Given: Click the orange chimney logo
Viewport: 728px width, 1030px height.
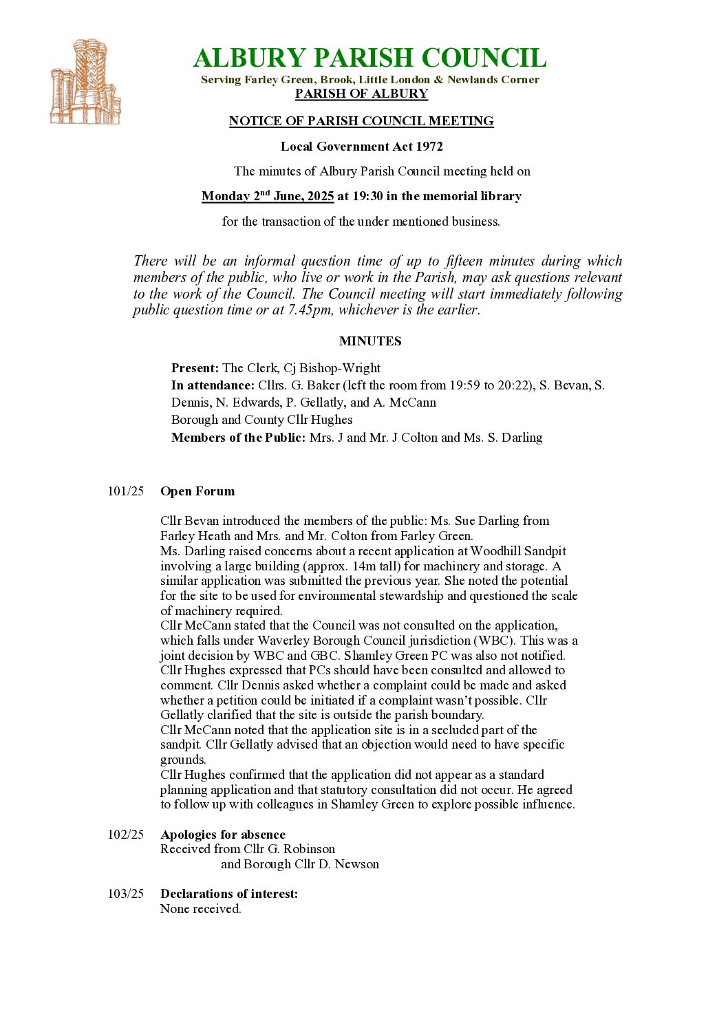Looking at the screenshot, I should (x=85, y=83).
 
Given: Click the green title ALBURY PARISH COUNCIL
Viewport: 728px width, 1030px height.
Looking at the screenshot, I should (x=370, y=58).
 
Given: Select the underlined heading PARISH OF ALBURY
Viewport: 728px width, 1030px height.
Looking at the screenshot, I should (x=361, y=94).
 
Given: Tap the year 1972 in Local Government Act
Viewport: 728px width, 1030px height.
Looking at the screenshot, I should (x=429, y=147).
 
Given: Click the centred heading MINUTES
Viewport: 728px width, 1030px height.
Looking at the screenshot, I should (x=370, y=341).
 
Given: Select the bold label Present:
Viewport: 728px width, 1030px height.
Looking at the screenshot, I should (x=195, y=368).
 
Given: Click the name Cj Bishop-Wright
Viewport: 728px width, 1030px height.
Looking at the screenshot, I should (x=332, y=368).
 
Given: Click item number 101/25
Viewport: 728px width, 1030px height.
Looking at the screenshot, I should (x=126, y=491).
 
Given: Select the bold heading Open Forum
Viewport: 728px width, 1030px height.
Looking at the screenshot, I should (x=197, y=491).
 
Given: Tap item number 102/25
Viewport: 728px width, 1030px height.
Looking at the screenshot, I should (x=126, y=835).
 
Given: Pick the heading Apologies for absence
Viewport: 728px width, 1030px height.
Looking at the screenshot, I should (x=223, y=835).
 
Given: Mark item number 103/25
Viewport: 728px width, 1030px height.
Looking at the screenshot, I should (x=126, y=894).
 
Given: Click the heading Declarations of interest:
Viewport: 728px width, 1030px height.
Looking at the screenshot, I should (x=229, y=894).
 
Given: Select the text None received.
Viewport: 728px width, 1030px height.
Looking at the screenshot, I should (x=201, y=909).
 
